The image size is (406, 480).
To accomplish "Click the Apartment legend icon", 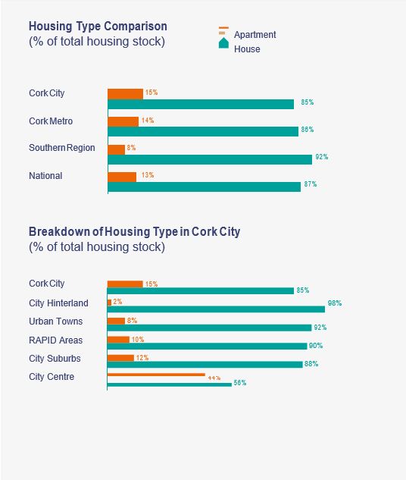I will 223,31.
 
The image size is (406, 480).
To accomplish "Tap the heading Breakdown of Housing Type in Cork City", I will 134,232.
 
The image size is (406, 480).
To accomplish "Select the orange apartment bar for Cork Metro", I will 123,121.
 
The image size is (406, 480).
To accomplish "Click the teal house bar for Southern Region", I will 210,159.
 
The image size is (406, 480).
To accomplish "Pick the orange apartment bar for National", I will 122,177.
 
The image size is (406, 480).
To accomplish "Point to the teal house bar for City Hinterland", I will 216,309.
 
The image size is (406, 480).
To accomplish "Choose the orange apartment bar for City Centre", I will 156,375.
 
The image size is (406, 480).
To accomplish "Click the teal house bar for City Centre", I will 170,384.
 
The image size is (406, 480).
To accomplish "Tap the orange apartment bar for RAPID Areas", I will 118,339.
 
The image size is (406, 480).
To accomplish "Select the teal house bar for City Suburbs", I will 205,364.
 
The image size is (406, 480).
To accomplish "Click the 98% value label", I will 334,303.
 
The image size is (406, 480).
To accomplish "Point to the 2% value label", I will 117,302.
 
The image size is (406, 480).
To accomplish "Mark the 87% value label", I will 310,184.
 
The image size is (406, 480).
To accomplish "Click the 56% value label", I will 240,383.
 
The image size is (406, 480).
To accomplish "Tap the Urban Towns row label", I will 56,322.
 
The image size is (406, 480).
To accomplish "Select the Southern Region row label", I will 62,148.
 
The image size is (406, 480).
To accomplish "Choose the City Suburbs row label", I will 55,358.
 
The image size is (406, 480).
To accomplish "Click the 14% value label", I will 148,121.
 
